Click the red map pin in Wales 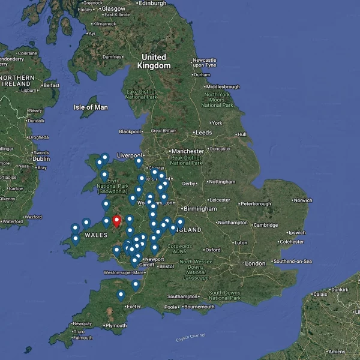click(116, 221)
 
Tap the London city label click(255, 263)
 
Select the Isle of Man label click(91, 107)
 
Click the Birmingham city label click(200, 209)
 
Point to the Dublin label click(41, 159)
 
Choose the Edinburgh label click(152, 3)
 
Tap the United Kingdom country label click(154, 61)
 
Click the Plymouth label click(116, 326)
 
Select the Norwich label click(303, 200)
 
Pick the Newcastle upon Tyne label click(205, 62)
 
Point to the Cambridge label click(265, 225)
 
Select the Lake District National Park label click(142, 94)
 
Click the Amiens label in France click(337, 351)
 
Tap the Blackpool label click(130, 131)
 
